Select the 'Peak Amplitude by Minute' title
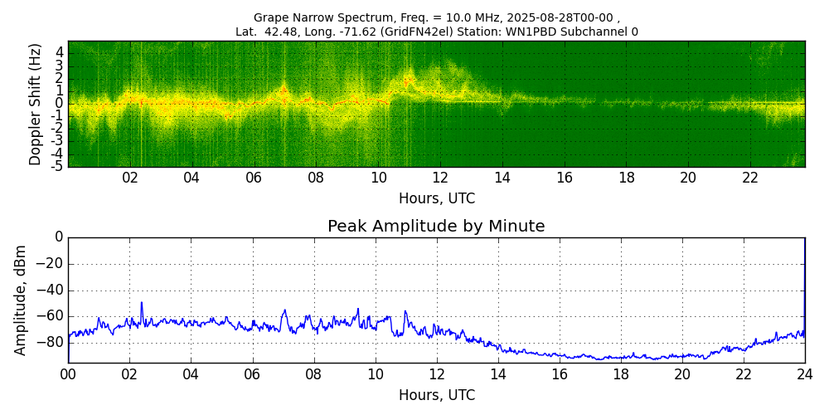(x=436, y=227)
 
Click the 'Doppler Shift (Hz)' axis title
(x=36, y=104)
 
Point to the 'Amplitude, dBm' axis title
(x=21, y=300)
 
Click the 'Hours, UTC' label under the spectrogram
(x=436, y=199)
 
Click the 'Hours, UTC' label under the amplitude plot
(x=436, y=395)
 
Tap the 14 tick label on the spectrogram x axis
(x=502, y=178)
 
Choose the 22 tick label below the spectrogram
(x=750, y=178)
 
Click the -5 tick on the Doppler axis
(x=57, y=166)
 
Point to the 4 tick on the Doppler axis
(x=60, y=52)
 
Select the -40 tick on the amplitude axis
(x=49, y=291)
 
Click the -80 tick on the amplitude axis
(x=49, y=342)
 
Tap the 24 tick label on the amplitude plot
(x=805, y=374)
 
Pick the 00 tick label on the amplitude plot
(x=68, y=374)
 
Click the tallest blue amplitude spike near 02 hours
(x=142, y=303)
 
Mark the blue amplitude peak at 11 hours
(x=405, y=311)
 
